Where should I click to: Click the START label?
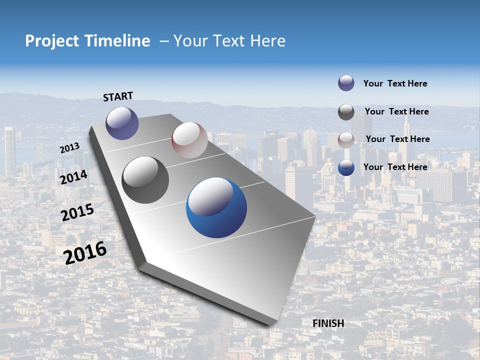(x=118, y=96)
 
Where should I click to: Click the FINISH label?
(x=328, y=323)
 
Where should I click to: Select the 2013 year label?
(x=69, y=148)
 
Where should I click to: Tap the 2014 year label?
(x=73, y=177)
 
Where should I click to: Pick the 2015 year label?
(x=77, y=212)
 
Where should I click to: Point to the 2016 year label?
(x=85, y=252)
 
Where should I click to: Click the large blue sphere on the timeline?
(x=216, y=207)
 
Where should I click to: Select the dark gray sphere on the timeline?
(x=145, y=180)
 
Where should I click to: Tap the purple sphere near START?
(x=122, y=123)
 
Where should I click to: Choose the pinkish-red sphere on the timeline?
(x=189, y=140)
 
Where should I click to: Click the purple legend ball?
(x=346, y=83)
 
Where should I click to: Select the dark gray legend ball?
(x=346, y=112)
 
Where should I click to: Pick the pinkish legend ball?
(x=346, y=139)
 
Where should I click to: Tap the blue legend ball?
(x=346, y=167)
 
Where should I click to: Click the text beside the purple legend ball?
(x=395, y=84)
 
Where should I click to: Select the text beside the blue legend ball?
(x=395, y=167)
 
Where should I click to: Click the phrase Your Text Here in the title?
(x=229, y=41)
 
